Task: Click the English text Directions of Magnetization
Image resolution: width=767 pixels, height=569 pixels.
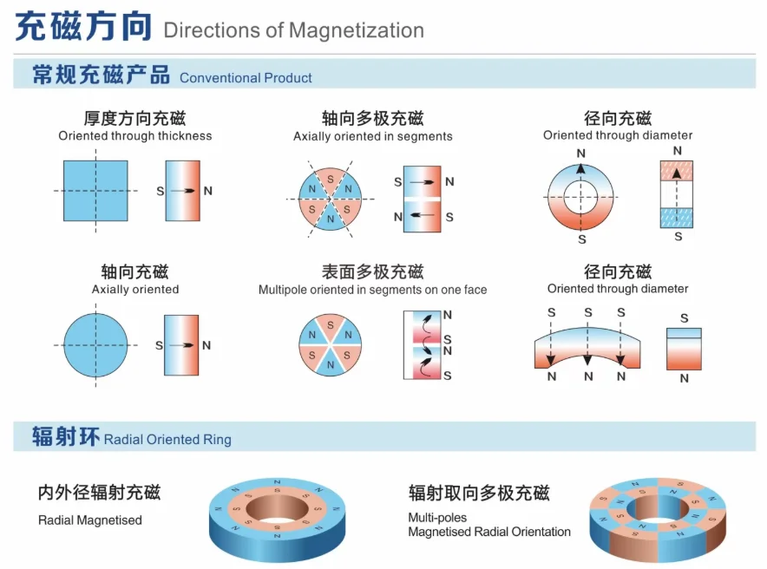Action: (x=293, y=31)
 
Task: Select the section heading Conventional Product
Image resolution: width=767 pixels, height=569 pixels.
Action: (x=246, y=78)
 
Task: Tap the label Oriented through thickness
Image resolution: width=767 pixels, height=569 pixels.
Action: (x=134, y=136)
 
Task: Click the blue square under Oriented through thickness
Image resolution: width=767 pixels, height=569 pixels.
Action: (x=95, y=191)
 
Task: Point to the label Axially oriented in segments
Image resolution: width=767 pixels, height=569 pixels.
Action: (x=372, y=136)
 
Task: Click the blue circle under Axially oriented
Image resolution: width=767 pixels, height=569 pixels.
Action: (x=95, y=345)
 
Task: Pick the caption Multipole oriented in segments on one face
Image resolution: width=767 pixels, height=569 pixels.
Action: (x=372, y=290)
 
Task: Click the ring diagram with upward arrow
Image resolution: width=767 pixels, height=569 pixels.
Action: (x=581, y=193)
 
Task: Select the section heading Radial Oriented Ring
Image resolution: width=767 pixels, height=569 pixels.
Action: (x=167, y=440)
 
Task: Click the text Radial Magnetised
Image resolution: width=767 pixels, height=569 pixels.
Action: (x=89, y=520)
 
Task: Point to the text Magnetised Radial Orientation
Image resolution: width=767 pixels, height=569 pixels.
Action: (x=489, y=532)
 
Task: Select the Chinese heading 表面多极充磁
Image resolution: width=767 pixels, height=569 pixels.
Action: (x=372, y=271)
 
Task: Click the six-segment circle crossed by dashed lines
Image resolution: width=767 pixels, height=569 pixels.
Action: (x=330, y=199)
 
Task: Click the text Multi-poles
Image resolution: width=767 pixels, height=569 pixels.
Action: (x=437, y=518)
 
